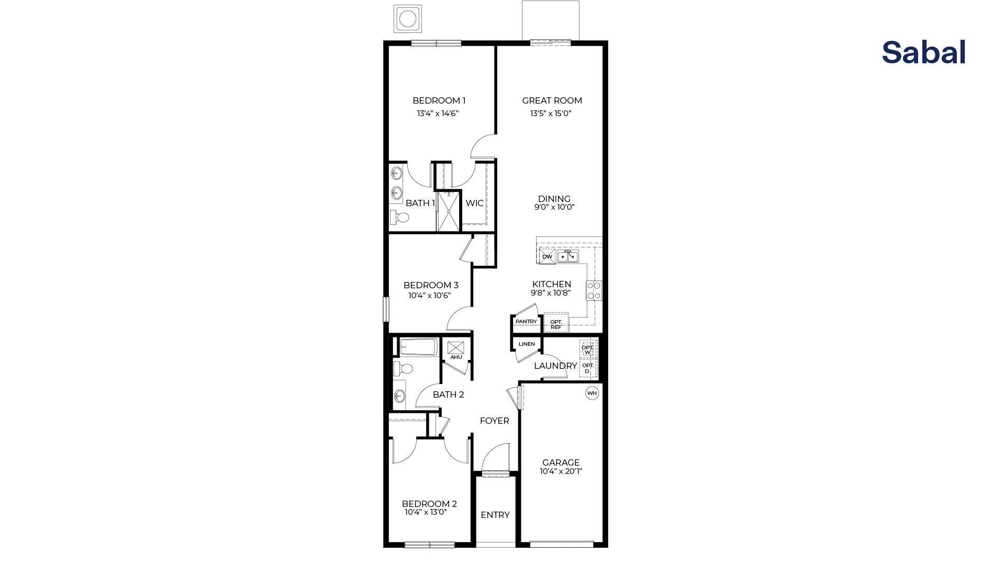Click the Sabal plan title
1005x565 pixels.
(923, 53)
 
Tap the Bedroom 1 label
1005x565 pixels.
(439, 100)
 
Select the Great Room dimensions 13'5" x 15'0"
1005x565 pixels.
(550, 114)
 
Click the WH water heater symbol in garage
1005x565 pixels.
(591, 393)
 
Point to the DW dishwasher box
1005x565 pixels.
(547, 256)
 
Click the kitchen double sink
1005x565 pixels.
(567, 256)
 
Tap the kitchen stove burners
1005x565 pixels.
(594, 290)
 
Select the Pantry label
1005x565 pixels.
(526, 322)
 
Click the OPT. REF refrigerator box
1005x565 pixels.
(556, 324)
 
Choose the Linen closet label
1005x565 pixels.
(527, 344)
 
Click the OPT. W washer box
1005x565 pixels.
(587, 349)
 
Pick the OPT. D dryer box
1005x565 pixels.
(587, 368)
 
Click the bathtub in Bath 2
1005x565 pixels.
(418, 347)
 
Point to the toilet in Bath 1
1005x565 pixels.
(401, 217)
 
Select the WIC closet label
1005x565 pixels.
(474, 203)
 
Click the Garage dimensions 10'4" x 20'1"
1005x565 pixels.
(561, 471)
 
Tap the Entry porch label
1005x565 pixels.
(495, 515)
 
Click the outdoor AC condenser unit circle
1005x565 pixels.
(408, 19)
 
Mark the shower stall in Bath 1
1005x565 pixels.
(448, 211)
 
